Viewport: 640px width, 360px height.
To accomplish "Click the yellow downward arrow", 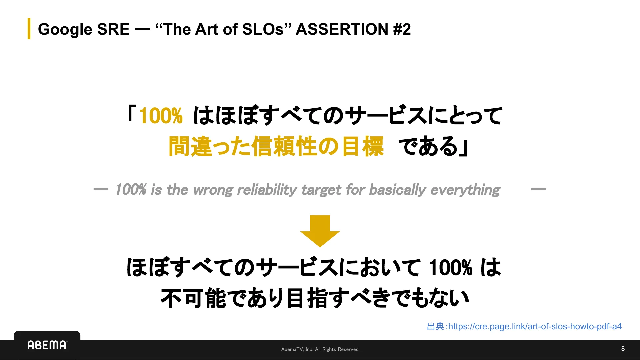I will (x=320, y=231).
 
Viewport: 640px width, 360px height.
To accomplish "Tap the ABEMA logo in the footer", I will (x=47, y=345).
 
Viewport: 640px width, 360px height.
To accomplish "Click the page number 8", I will (x=623, y=349).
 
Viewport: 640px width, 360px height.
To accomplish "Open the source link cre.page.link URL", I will (x=535, y=326).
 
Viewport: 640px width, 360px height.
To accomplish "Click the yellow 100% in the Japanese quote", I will (x=161, y=116).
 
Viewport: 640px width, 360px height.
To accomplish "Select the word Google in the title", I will (x=65, y=29).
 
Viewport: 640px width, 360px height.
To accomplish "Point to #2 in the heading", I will (x=402, y=29).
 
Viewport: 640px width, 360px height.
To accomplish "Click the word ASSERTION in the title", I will (x=342, y=29).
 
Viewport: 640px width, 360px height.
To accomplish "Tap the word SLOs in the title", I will (x=263, y=29).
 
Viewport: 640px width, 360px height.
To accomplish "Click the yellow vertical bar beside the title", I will (x=29, y=29).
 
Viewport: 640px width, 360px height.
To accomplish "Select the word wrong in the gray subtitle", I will (x=213, y=190).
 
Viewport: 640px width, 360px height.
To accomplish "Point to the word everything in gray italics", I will (x=465, y=190).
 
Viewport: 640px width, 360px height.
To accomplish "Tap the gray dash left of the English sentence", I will (x=101, y=189).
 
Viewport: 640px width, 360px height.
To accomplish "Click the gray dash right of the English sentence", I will (x=538, y=189).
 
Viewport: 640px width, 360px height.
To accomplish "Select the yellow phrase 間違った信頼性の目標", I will (x=276, y=146).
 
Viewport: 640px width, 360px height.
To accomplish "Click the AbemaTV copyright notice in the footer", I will (x=320, y=349).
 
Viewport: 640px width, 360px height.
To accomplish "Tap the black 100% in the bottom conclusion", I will (x=450, y=268).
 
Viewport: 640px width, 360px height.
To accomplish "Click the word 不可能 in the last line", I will (x=193, y=298).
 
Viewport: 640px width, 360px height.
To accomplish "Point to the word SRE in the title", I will (x=113, y=29).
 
